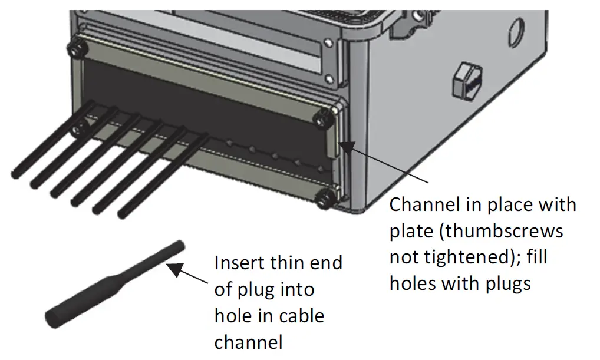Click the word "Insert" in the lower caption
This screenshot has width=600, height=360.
[x=241, y=262]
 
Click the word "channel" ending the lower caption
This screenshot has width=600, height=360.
[x=248, y=342]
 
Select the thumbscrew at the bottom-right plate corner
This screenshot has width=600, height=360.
[x=323, y=200]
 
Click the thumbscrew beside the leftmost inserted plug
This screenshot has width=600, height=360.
[x=77, y=129]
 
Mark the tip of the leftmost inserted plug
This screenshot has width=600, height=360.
[x=16, y=174]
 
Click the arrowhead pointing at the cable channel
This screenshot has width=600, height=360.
[x=345, y=145]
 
